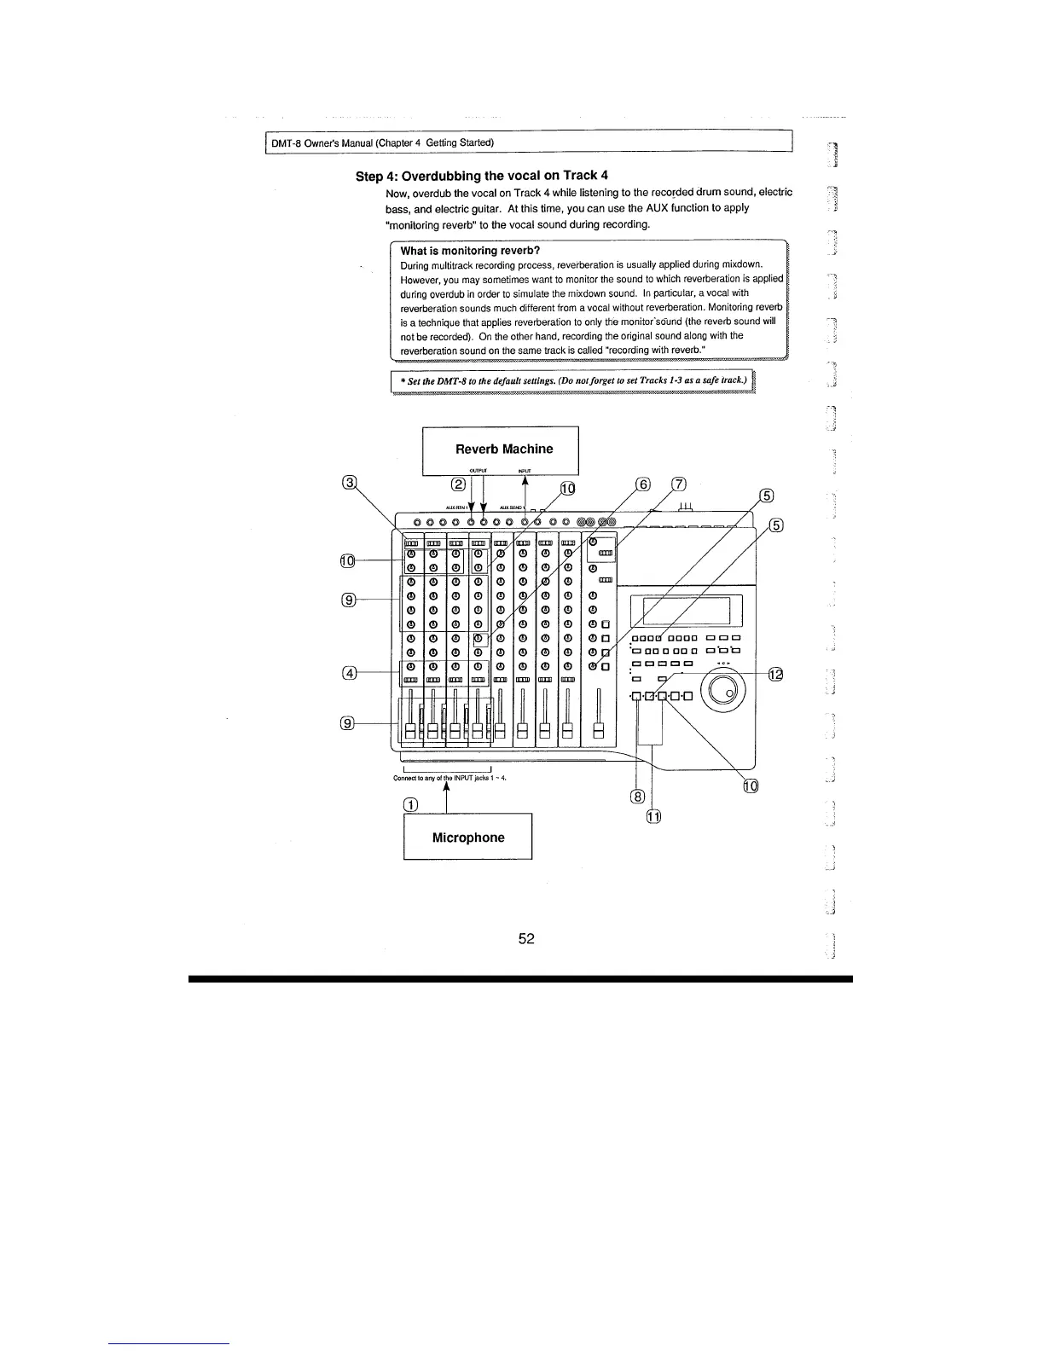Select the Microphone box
[x=467, y=837]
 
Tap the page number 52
[x=526, y=938]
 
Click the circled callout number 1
[x=410, y=805]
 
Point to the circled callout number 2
[x=458, y=484]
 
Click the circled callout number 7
[x=678, y=484]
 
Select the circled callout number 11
[x=653, y=816]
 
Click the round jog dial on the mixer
[x=727, y=690]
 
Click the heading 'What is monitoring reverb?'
[x=470, y=250]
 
